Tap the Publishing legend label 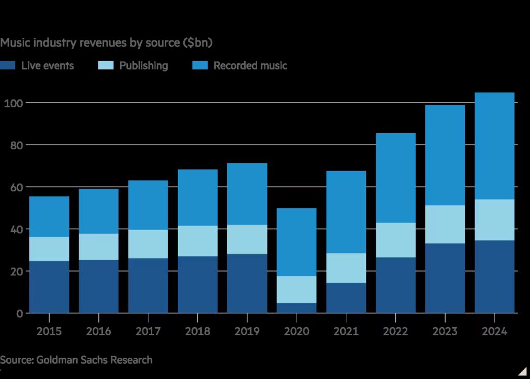(143, 66)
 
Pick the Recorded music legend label (250, 66)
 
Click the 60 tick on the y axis (14, 187)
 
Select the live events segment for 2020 (296, 308)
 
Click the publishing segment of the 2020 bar (296, 289)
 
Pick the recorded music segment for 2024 (494, 146)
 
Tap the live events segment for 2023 (445, 278)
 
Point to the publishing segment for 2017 (148, 244)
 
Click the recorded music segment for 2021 (346, 212)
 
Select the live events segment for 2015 (49, 287)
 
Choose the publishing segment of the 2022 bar (395, 240)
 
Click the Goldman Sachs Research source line (76, 360)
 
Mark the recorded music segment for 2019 (246, 194)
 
